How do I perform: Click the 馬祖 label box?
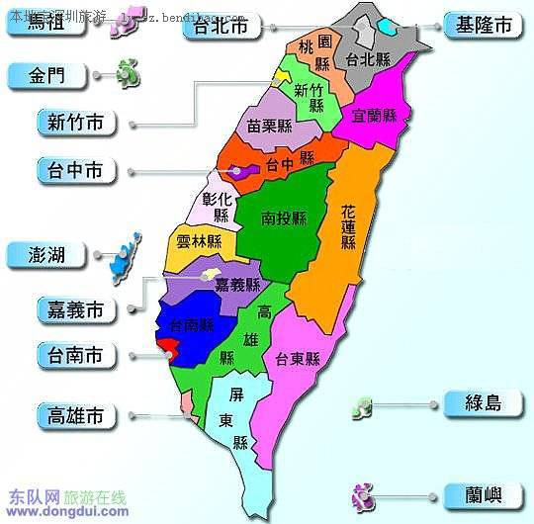(x=48, y=25)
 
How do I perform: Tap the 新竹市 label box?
(x=74, y=123)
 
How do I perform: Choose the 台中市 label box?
(x=74, y=171)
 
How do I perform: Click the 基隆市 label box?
(x=483, y=27)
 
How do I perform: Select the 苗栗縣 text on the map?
(x=269, y=126)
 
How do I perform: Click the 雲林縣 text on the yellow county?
(x=201, y=242)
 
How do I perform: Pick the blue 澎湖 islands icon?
(x=122, y=254)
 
